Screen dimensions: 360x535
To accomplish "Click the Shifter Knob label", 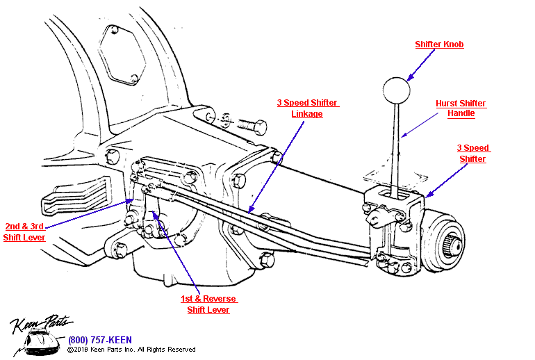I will click(439, 44).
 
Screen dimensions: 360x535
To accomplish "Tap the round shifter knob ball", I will click(396, 90).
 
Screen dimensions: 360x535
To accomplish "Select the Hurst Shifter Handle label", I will click(461, 108).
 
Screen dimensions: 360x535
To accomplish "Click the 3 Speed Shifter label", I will click(473, 154).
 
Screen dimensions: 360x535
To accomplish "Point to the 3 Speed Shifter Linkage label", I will click(307, 108).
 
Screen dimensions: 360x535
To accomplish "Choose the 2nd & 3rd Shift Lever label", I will click(25, 231).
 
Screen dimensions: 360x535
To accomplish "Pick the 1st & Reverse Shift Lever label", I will click(208, 304).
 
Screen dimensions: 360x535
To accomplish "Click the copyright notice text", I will click(131, 350).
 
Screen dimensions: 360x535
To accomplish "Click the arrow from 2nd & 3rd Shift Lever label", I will click(90, 212).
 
